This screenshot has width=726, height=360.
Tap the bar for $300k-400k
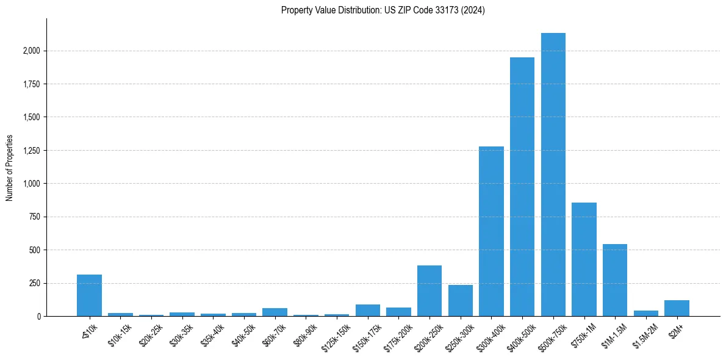(491, 231)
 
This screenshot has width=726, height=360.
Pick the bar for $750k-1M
(584, 259)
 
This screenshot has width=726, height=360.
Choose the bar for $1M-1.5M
(615, 280)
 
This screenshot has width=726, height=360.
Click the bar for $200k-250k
(429, 291)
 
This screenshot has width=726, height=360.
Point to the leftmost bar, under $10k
(89, 295)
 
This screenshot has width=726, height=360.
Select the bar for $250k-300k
(460, 301)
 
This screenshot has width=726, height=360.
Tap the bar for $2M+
(677, 308)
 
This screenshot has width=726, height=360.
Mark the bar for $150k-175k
(367, 311)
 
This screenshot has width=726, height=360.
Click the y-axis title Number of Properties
(9, 168)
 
